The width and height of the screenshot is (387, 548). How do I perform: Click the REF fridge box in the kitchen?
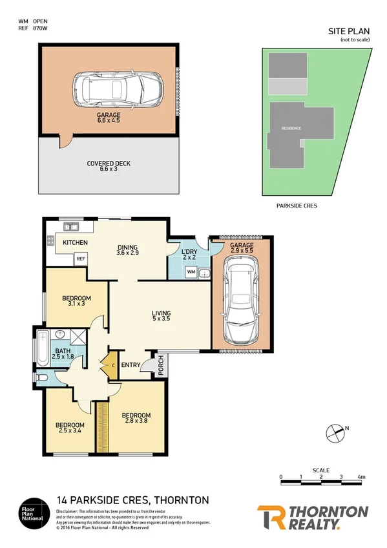(81, 258)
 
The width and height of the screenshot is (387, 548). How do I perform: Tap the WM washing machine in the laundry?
(191, 273)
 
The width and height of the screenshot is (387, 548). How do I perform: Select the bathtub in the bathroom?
(44, 346)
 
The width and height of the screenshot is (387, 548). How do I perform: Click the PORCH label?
(160, 366)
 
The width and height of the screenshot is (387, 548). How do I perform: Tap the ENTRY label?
(131, 366)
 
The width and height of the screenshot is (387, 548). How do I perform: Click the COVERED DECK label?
(109, 167)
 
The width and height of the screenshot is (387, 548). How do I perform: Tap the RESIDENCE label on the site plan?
(291, 128)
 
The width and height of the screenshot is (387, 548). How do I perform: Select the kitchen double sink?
(72, 227)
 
